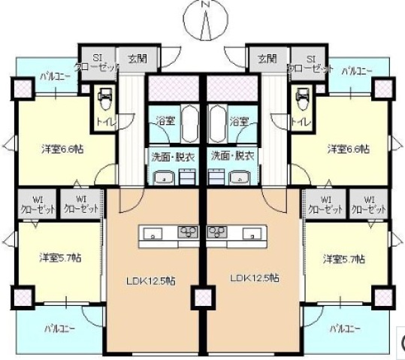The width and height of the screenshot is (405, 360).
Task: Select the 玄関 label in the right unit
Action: point(267,59)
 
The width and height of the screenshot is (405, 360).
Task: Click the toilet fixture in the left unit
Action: point(104,98)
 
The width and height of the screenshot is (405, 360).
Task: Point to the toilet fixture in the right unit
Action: point(302,98)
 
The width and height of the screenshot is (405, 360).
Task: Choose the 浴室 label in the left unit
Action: point(163,120)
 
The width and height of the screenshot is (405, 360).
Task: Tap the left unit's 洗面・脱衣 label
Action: point(168,156)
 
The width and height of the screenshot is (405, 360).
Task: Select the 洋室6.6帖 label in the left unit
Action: point(62,149)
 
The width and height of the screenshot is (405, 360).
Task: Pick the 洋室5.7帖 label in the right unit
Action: point(344,259)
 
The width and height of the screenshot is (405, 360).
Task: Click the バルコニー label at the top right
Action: point(357,71)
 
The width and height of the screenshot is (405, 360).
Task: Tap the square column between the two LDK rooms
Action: point(202,298)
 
